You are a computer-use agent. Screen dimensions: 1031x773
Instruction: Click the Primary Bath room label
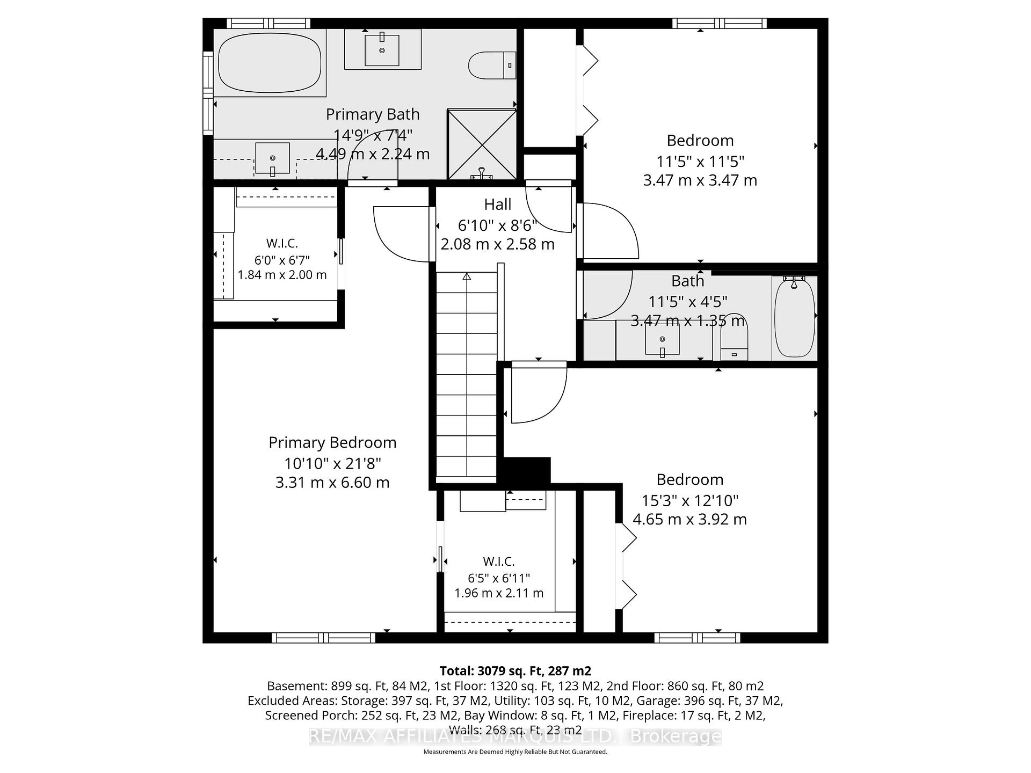(x=373, y=114)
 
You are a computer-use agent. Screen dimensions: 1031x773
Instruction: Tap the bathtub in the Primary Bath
(x=270, y=62)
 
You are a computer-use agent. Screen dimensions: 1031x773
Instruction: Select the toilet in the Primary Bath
(x=492, y=65)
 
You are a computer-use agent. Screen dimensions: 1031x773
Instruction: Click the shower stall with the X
(x=482, y=145)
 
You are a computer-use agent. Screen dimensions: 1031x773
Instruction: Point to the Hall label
(x=498, y=205)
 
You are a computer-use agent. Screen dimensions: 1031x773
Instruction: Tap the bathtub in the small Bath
(x=795, y=317)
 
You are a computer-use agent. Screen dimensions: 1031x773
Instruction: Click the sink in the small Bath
(x=662, y=340)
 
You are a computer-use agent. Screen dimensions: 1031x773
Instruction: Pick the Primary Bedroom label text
(x=332, y=443)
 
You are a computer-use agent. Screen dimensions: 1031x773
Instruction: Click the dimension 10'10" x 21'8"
(x=332, y=463)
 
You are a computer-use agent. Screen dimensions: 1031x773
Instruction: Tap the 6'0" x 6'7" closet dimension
(x=282, y=260)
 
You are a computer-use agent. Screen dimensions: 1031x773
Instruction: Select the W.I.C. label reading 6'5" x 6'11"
(x=499, y=561)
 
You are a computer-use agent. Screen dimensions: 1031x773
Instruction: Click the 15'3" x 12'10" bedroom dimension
(x=690, y=501)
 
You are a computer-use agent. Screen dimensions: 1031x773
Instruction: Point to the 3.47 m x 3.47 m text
(x=700, y=180)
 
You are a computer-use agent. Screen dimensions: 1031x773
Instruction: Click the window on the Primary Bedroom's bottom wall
(x=324, y=638)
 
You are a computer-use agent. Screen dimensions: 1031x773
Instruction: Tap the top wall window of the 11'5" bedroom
(x=720, y=23)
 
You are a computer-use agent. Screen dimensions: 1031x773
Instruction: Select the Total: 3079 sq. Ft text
(x=515, y=671)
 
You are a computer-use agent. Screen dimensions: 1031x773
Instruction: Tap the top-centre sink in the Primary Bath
(x=382, y=49)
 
